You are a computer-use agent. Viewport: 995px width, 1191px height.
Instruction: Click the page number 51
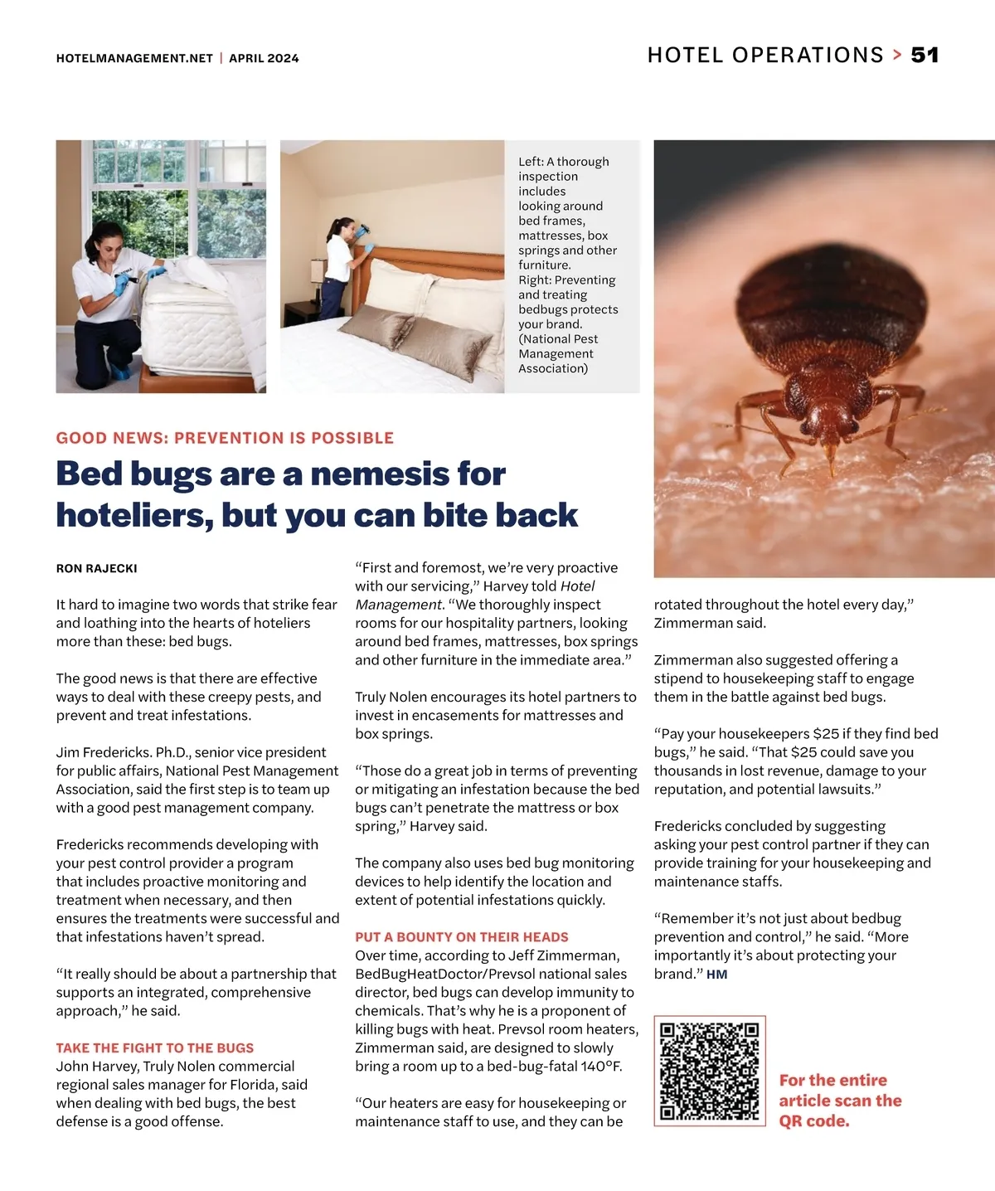(x=925, y=56)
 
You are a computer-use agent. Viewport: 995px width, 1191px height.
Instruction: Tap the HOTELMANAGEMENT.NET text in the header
(x=134, y=58)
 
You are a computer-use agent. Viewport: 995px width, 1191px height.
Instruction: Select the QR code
(x=710, y=1071)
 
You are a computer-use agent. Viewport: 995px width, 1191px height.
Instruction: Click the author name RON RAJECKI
(x=96, y=569)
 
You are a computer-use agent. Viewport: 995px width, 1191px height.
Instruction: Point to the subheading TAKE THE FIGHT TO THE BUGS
(x=155, y=1048)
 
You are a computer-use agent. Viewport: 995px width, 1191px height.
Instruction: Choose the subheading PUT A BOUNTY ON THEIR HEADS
(x=462, y=937)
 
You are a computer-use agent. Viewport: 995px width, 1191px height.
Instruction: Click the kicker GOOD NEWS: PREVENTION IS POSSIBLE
(x=225, y=438)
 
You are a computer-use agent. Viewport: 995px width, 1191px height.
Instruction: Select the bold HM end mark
(x=717, y=975)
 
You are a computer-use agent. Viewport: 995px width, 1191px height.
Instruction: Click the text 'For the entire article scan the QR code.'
(x=840, y=1101)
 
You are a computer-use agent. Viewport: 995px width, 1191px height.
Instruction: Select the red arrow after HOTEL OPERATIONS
(x=897, y=56)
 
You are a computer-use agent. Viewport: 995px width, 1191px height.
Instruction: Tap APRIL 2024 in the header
(x=264, y=58)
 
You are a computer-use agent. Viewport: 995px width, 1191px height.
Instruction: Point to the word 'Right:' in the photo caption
(x=535, y=280)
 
